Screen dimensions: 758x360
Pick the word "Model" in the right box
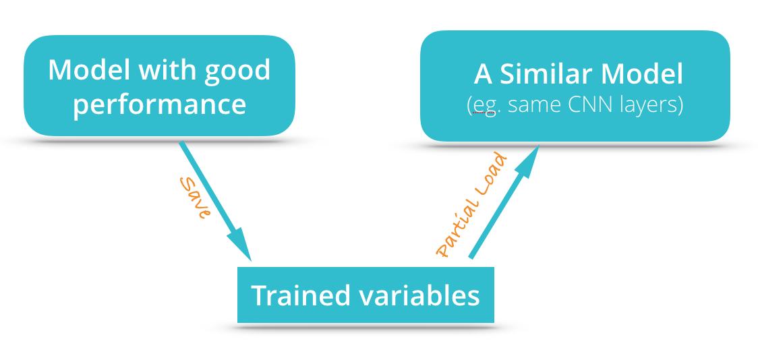(x=642, y=75)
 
